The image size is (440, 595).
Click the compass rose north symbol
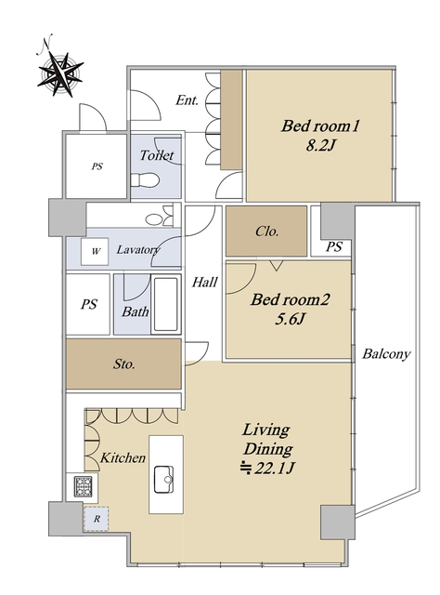[60, 73]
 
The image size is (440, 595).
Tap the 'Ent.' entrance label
[187, 100]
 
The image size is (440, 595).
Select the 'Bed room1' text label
[320, 126]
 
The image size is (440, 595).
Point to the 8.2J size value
[321, 145]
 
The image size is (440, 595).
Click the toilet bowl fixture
[145, 179]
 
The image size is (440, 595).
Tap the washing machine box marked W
[95, 251]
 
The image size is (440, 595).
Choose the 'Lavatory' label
[138, 250]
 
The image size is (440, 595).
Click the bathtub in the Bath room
[165, 304]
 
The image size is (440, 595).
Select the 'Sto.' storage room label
[124, 364]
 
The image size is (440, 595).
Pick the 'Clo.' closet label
[266, 231]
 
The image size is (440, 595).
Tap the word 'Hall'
[204, 282]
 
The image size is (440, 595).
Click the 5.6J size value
[290, 319]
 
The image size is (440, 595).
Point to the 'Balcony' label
[386, 354]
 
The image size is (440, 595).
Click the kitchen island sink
[163, 480]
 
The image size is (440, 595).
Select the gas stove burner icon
[83, 486]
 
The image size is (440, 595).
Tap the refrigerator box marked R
[97, 519]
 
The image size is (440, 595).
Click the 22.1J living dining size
[268, 469]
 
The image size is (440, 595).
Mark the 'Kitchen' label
[123, 457]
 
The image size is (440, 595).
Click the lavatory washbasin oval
[153, 219]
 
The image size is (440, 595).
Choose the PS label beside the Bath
[89, 304]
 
